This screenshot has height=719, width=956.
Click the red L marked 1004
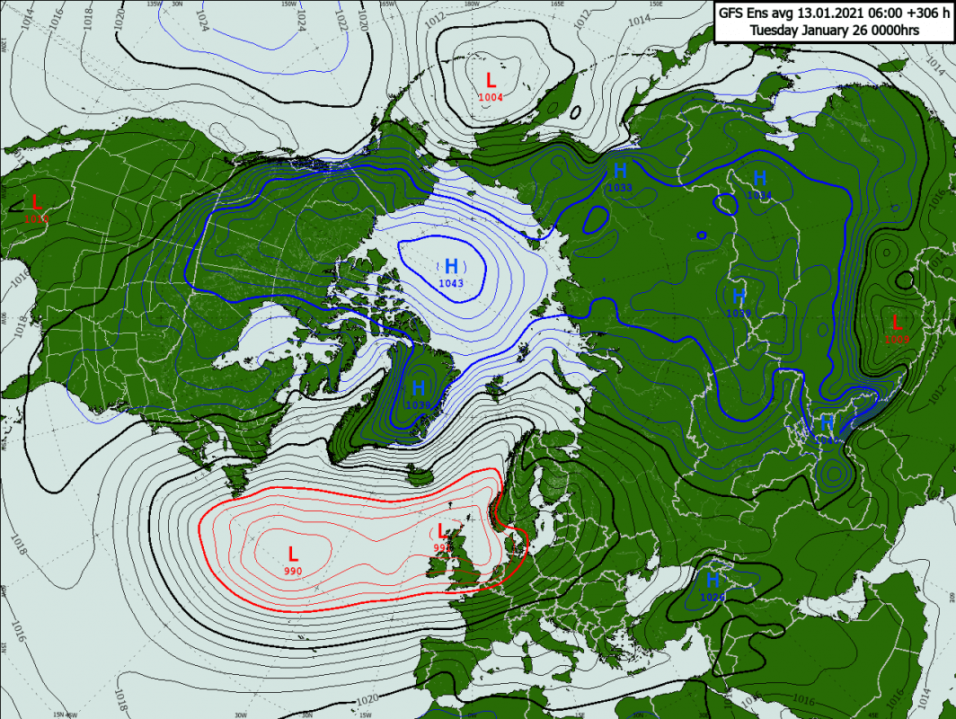point(491,80)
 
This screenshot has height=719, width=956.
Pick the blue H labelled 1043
point(451,266)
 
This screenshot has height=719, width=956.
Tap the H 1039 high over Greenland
point(418,389)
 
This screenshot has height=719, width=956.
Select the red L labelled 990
point(293,554)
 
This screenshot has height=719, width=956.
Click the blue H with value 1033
point(620,170)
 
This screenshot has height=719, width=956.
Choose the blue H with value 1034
point(759,178)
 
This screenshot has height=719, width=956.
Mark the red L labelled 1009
point(896,322)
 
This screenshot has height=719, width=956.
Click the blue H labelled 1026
point(713,581)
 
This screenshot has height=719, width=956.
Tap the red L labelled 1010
point(36,202)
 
